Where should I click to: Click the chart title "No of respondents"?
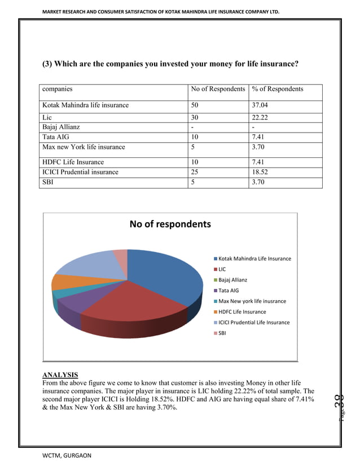(170, 224)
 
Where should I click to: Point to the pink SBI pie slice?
(121, 257)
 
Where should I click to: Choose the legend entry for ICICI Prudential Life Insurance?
(254, 322)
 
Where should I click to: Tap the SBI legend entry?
(223, 333)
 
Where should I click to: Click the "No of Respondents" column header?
(218, 89)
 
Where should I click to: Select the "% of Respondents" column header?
(278, 89)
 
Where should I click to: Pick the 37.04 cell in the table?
(261, 105)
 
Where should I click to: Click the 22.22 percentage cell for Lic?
(261, 117)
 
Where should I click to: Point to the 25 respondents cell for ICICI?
(196, 172)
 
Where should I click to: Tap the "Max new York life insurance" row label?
(84, 147)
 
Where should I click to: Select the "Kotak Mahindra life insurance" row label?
(85, 105)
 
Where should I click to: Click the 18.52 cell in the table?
(261, 172)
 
